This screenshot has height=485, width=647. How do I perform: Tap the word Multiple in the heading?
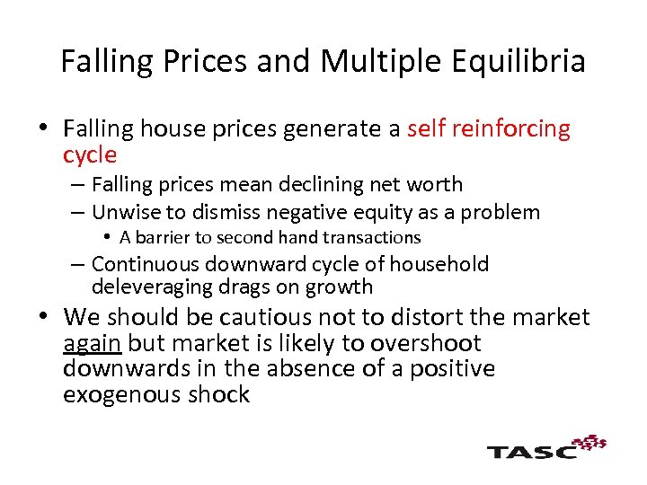click(x=378, y=61)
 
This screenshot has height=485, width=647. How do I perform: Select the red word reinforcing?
click(x=514, y=129)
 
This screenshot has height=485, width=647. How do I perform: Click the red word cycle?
click(x=90, y=154)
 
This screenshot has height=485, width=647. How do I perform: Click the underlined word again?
click(x=93, y=343)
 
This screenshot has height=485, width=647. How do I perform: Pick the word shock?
click(x=221, y=394)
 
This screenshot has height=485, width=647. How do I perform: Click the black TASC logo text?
click(x=531, y=451)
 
